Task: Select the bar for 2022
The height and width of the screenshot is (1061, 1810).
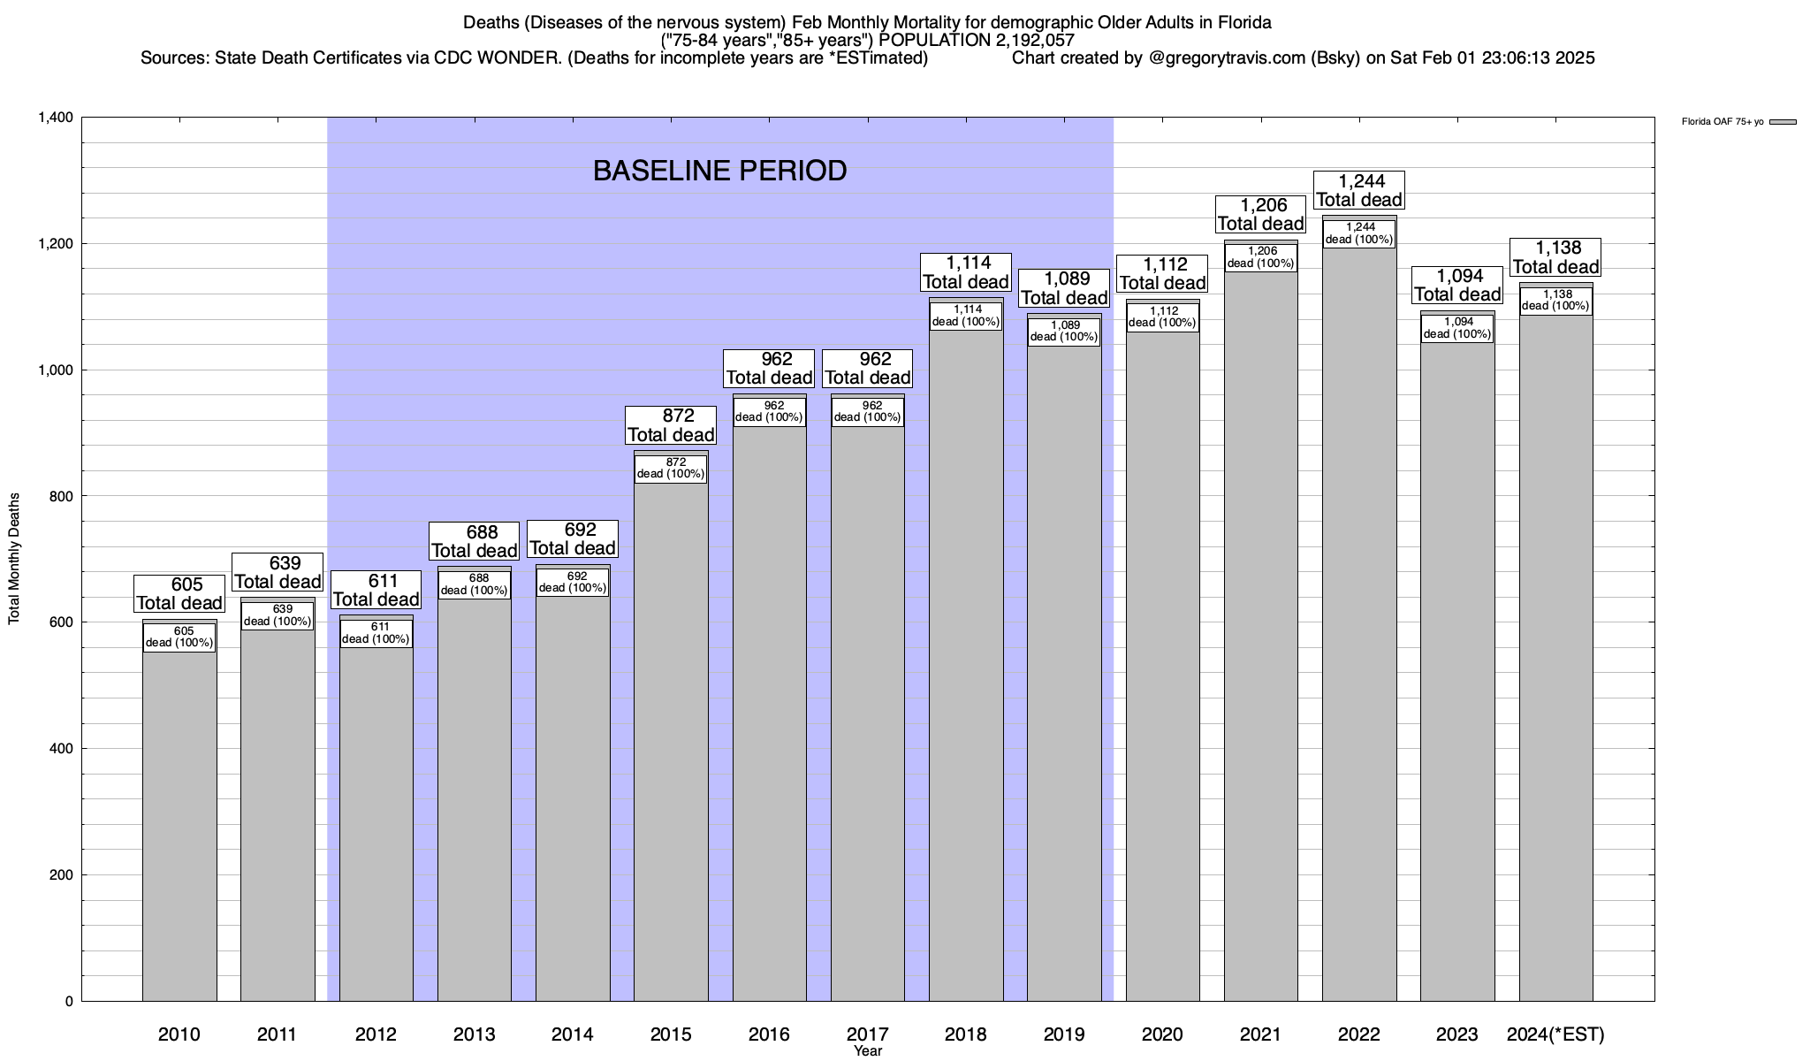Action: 1359,619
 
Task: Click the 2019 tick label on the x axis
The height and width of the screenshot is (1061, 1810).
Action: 1064,1034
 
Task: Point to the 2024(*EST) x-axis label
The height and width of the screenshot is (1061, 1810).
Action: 1555,1034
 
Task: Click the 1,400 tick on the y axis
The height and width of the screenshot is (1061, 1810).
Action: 55,118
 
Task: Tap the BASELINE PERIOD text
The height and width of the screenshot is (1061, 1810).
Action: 719,171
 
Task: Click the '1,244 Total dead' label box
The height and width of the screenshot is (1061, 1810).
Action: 1359,191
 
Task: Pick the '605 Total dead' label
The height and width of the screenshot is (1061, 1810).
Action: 179,594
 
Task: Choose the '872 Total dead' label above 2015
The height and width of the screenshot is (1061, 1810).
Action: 671,425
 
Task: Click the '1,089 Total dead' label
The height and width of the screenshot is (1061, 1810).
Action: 1064,288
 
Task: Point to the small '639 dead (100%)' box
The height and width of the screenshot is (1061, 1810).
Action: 278,615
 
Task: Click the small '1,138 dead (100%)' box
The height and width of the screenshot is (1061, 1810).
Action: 1555,301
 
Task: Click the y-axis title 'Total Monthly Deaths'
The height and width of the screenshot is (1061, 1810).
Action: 14,559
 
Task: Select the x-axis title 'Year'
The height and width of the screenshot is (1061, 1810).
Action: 868,1051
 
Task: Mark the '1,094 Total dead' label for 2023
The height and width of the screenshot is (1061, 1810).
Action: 1457,286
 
